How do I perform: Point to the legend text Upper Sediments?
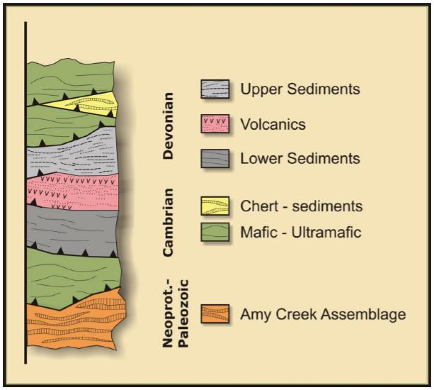tap(301, 89)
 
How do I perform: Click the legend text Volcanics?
tap(273, 125)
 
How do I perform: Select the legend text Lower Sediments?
tap(300, 158)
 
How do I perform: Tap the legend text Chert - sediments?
tap(302, 206)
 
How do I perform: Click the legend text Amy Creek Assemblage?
tap(322, 313)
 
